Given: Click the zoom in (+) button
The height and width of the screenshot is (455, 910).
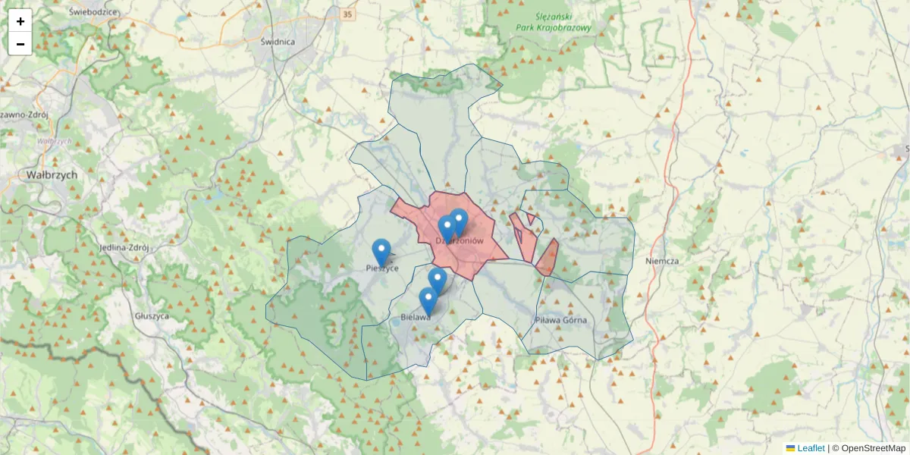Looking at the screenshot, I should (20, 21).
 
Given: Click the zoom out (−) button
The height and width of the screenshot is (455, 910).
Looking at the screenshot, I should (20, 44).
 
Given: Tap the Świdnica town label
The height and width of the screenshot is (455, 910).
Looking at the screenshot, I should (277, 42).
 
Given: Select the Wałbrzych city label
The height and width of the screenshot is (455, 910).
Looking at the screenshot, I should (52, 174).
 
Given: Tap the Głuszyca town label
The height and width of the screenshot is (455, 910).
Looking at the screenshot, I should (152, 315).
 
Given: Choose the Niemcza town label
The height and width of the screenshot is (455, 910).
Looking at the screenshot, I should (661, 261).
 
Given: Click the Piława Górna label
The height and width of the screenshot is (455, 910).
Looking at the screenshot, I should (560, 320).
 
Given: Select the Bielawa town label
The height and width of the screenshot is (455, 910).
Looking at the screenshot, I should (416, 318).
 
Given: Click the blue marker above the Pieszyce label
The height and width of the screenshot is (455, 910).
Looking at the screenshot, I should (381, 252).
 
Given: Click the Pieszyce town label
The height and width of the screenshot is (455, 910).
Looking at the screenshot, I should (381, 268).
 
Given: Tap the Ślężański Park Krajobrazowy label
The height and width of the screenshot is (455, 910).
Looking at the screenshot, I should (553, 22).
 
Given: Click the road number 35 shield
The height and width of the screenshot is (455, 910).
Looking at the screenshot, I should (347, 14).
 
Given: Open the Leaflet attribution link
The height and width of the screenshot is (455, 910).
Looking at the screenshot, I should (811, 448).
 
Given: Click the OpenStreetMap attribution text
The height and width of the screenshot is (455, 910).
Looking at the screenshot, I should (873, 448).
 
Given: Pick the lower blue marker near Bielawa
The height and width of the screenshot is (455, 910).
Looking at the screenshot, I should (428, 300).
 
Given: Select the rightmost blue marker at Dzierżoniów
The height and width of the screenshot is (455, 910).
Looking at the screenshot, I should (458, 221).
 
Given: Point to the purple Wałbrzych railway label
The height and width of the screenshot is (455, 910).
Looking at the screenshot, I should (54, 141).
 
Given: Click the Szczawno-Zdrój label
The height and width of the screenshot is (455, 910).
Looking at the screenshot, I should (23, 115).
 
